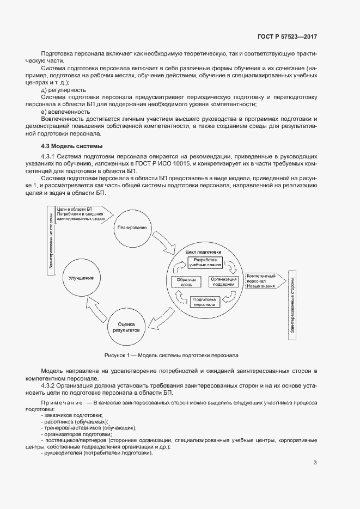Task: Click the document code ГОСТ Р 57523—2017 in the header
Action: (x=286, y=36)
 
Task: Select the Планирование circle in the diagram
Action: (x=131, y=227)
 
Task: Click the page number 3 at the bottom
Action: (x=315, y=463)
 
